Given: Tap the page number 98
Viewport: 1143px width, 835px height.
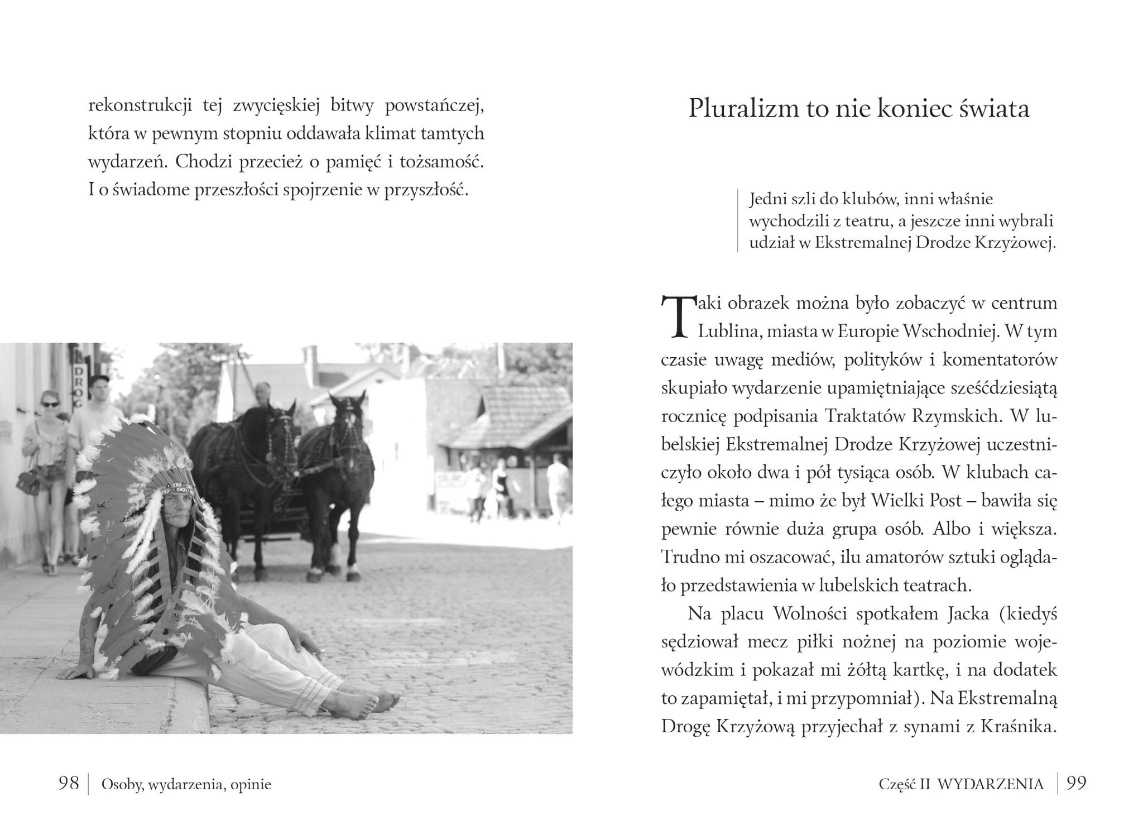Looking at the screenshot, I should tap(69, 783).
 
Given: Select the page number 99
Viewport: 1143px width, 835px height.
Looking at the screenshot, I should tap(1077, 783).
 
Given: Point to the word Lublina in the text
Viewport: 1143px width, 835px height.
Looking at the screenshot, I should tap(728, 332).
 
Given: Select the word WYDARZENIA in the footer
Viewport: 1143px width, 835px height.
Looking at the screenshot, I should tap(990, 784).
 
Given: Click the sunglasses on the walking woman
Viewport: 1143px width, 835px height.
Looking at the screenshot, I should tap(50, 403).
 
